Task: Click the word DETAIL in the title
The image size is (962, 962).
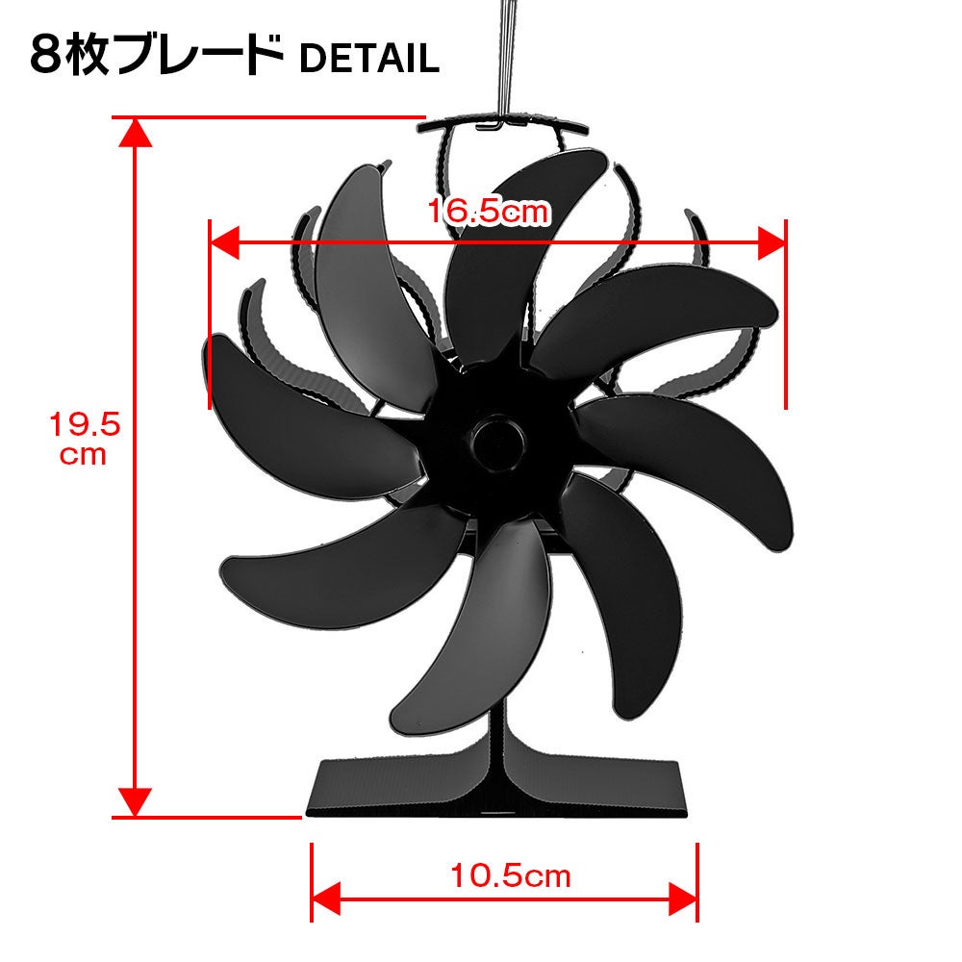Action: tap(369, 59)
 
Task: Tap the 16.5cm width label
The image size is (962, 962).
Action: tap(489, 212)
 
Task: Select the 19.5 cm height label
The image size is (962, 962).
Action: tap(84, 439)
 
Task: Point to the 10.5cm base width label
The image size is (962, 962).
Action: tap(511, 875)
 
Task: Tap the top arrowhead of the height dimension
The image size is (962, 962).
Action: tap(135, 133)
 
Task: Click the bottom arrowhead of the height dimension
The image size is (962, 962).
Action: tap(135, 802)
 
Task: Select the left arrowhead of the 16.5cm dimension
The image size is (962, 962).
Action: tap(224, 241)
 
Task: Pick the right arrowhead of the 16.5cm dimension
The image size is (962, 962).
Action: tap(772, 242)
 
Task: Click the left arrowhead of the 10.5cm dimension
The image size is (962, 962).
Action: tap(326, 899)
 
